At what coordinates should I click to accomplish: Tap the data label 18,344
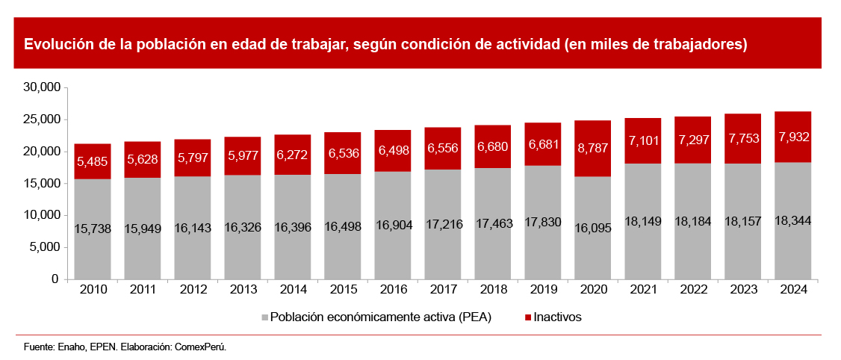[x=792, y=221]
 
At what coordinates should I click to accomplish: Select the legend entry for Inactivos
[x=557, y=317]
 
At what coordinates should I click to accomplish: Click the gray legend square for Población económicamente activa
[x=264, y=317]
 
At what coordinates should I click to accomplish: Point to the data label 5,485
[x=93, y=161]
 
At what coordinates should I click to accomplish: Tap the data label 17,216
[x=443, y=223]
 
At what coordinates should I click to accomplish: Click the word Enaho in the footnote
[x=67, y=347]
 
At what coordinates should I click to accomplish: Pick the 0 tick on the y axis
[x=55, y=279]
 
